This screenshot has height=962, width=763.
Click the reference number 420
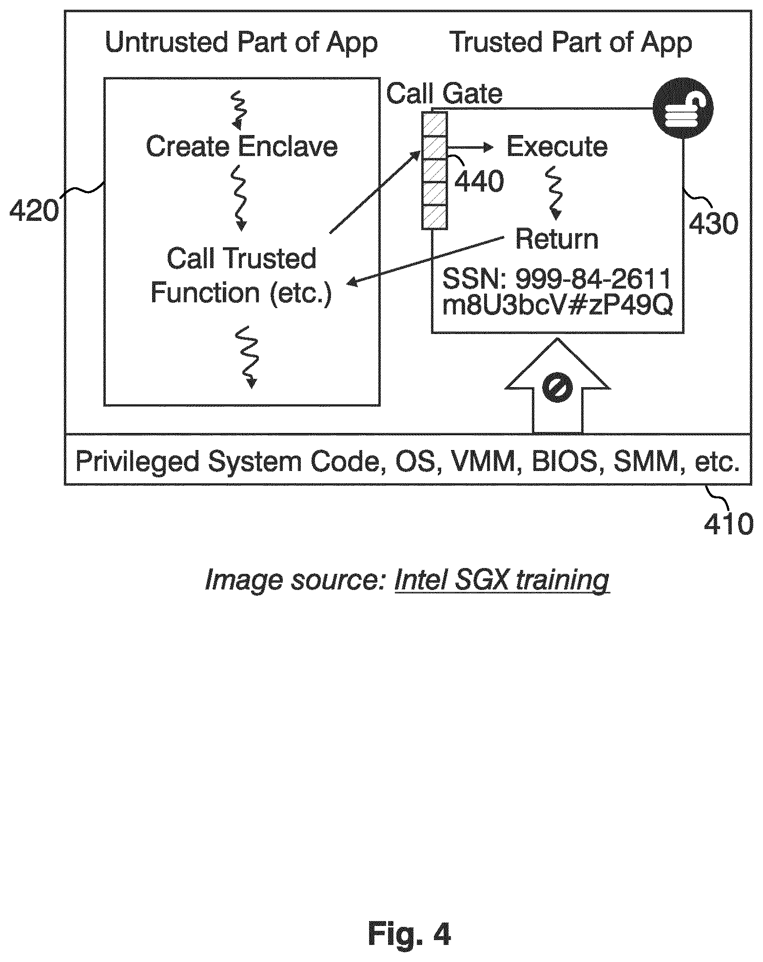pyautogui.click(x=34, y=211)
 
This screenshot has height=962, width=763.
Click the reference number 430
pyautogui.click(x=713, y=224)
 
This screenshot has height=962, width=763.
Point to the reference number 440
pyautogui.click(x=479, y=181)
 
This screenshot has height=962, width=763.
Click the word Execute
pyautogui.click(x=557, y=147)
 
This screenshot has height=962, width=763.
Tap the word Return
pyautogui.click(x=557, y=239)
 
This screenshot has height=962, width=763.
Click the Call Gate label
pyautogui.click(x=444, y=94)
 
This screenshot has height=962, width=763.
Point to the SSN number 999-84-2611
pyautogui.click(x=593, y=279)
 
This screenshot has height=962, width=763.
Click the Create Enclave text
pyautogui.click(x=242, y=146)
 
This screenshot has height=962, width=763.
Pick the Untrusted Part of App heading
pyautogui.click(x=241, y=43)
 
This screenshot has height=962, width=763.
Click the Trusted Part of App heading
pyautogui.click(x=570, y=43)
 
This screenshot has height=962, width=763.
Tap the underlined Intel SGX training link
pyautogui.click(x=502, y=580)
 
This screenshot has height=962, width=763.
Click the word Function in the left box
pyautogui.click(x=205, y=293)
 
